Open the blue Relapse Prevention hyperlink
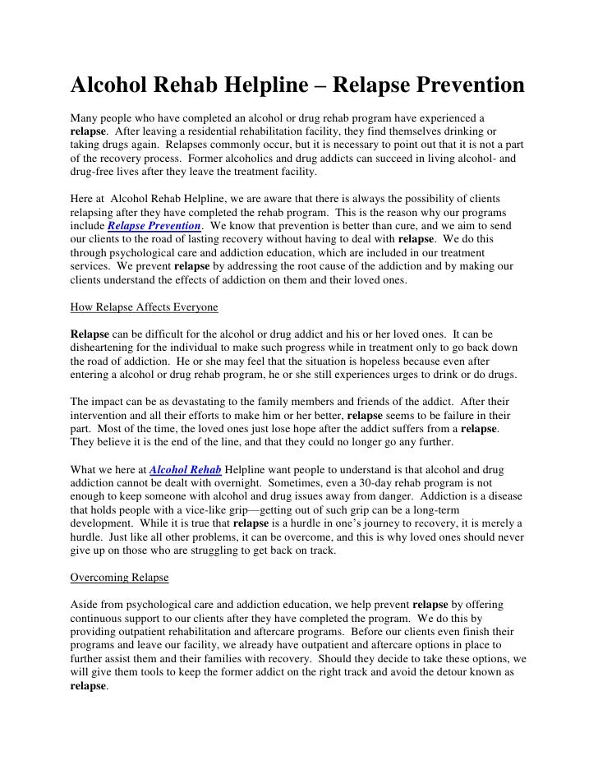[154, 224]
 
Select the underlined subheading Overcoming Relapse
[119, 578]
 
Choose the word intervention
[103, 416]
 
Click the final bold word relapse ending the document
[88, 685]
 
